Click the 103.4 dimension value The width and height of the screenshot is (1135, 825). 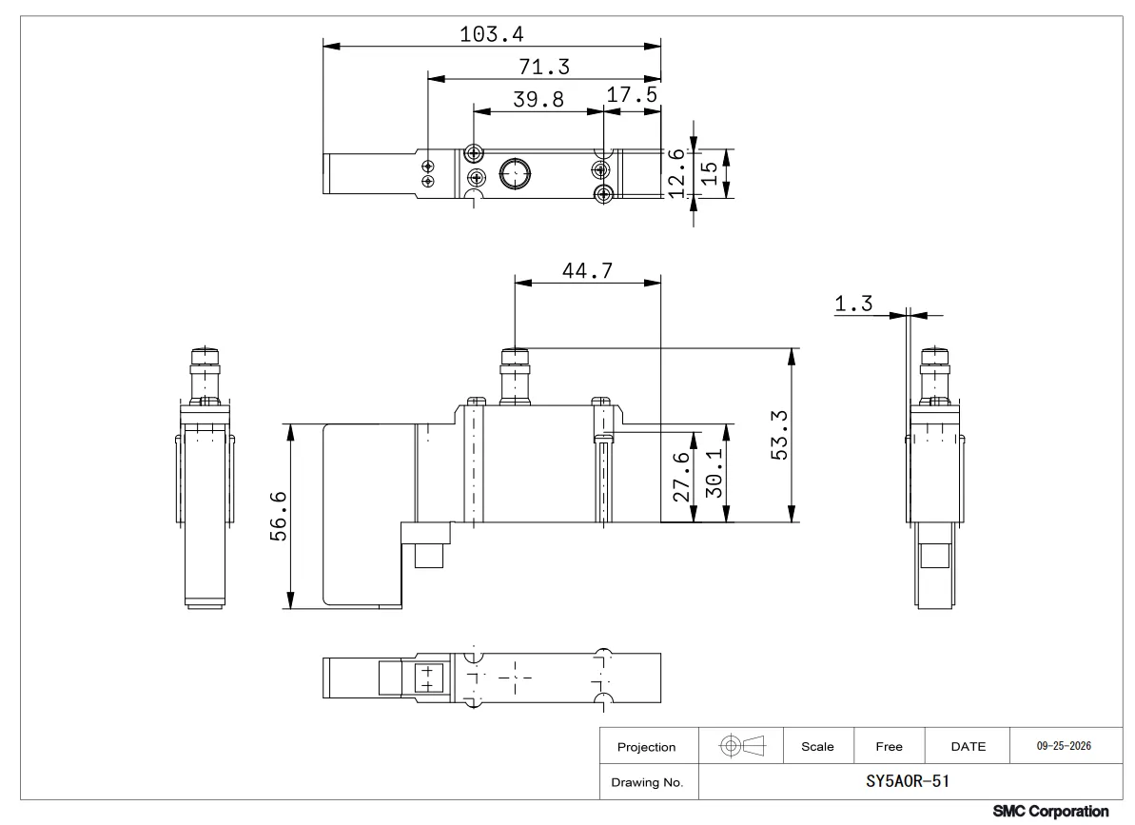click(x=492, y=34)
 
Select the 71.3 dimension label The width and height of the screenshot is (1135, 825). click(x=544, y=67)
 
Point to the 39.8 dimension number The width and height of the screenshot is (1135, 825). click(x=538, y=99)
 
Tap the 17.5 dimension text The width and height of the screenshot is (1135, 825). click(x=632, y=95)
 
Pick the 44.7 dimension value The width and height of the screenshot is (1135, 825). click(x=587, y=270)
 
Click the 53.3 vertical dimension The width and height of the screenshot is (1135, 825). click(x=779, y=435)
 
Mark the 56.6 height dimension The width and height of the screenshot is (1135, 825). click(x=279, y=516)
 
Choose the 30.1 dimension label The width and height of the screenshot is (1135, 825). click(x=714, y=473)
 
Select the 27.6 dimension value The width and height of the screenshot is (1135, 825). click(x=681, y=477)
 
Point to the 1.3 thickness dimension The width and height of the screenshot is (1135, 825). click(x=853, y=304)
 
